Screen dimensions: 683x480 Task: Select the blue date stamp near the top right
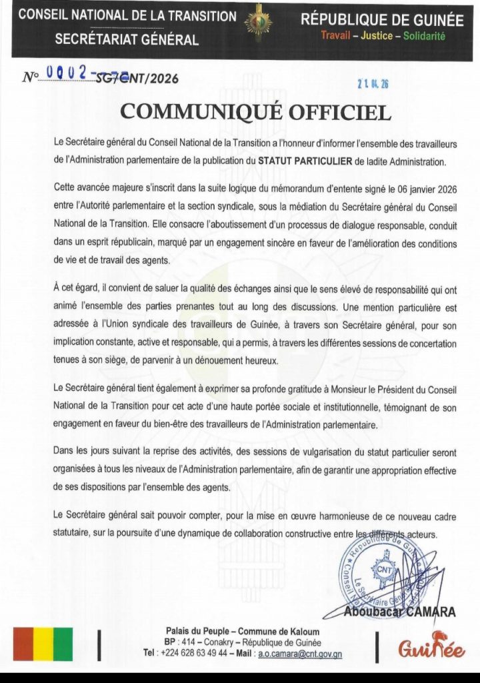click(x=374, y=83)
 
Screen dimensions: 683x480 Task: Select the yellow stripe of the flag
click(x=43, y=644)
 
